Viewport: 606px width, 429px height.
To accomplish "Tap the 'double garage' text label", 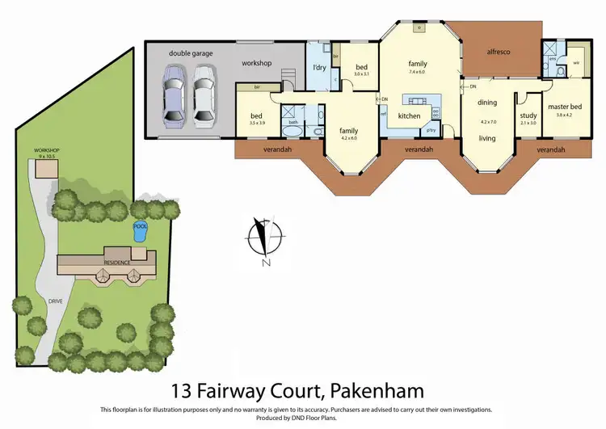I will [191, 53].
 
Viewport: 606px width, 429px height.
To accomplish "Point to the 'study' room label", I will [528, 116].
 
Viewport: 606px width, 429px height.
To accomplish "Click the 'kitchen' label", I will [410, 116].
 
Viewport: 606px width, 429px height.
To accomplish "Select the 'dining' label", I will [487, 103].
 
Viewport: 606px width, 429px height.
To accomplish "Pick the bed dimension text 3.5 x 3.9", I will [257, 123].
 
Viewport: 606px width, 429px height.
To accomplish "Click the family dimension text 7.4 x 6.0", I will [418, 72].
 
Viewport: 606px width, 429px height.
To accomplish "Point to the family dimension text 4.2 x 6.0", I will [349, 137].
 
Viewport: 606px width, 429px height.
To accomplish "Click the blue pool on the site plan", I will [140, 229].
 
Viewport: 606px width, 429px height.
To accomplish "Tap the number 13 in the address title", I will [182, 392].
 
